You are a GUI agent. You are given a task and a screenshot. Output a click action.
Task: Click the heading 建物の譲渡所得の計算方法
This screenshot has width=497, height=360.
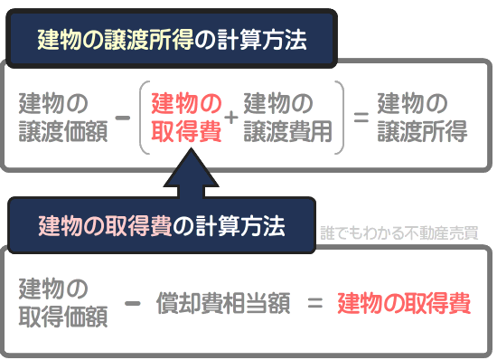[172, 39]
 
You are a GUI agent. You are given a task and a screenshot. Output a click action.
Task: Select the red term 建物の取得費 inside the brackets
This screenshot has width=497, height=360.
[186, 117]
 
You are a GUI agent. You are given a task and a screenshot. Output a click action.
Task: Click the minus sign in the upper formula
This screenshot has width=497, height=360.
[124, 117]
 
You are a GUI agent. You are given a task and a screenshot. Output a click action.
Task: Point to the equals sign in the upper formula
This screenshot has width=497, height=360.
[361, 118]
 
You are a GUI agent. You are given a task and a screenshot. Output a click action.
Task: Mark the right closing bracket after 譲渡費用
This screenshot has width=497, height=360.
[341, 117]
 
